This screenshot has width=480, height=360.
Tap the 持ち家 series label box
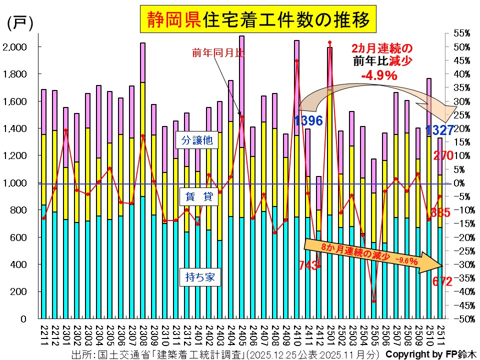(197, 277)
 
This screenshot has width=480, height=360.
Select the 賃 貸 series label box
(197, 197)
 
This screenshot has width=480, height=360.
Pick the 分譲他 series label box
(197, 141)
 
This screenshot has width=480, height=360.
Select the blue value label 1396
(308, 120)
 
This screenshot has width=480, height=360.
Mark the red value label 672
(442, 282)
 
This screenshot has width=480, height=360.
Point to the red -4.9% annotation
(379, 75)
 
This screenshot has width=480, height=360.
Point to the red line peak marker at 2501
(329, 42)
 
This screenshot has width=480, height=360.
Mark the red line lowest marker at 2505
(373, 301)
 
